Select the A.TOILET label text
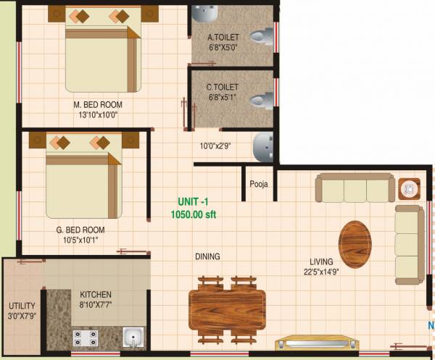(x=223, y=38)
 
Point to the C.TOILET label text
(x=223, y=87)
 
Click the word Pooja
(x=259, y=184)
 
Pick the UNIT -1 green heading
(x=193, y=202)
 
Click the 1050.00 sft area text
(x=193, y=214)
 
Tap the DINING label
(x=207, y=256)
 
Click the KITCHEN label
(x=96, y=295)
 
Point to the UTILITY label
(x=22, y=306)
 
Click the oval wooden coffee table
(x=355, y=243)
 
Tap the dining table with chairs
(x=226, y=308)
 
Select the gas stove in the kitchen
(x=86, y=337)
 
